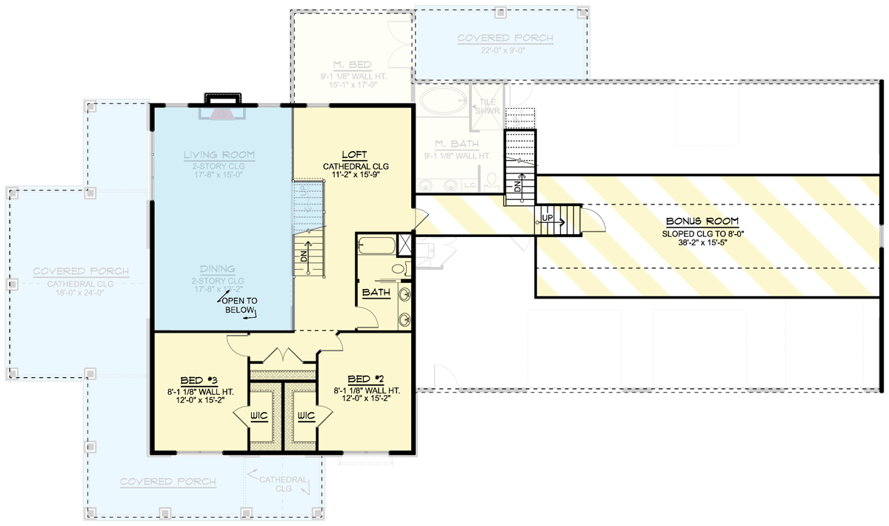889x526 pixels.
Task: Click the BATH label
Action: [x=376, y=293]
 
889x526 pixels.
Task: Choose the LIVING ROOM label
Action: [x=219, y=155]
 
